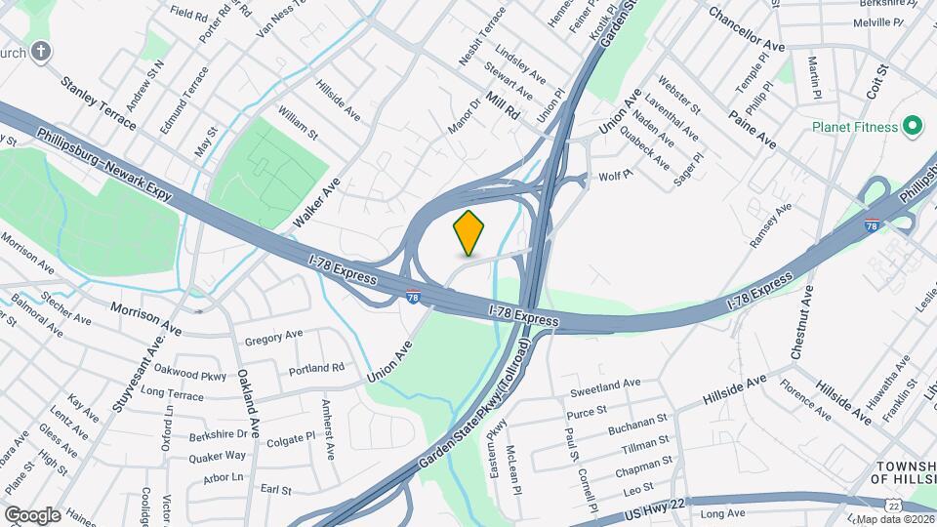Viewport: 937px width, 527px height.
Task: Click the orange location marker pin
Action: pyautogui.click(x=468, y=232)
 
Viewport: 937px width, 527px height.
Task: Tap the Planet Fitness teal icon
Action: pyautogui.click(x=913, y=126)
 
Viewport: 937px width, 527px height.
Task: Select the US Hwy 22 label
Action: pyautogui.click(x=645, y=507)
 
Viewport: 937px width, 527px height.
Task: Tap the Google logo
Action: pyautogui.click(x=32, y=513)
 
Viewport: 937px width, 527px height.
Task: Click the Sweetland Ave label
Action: pyautogui.click(x=604, y=386)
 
